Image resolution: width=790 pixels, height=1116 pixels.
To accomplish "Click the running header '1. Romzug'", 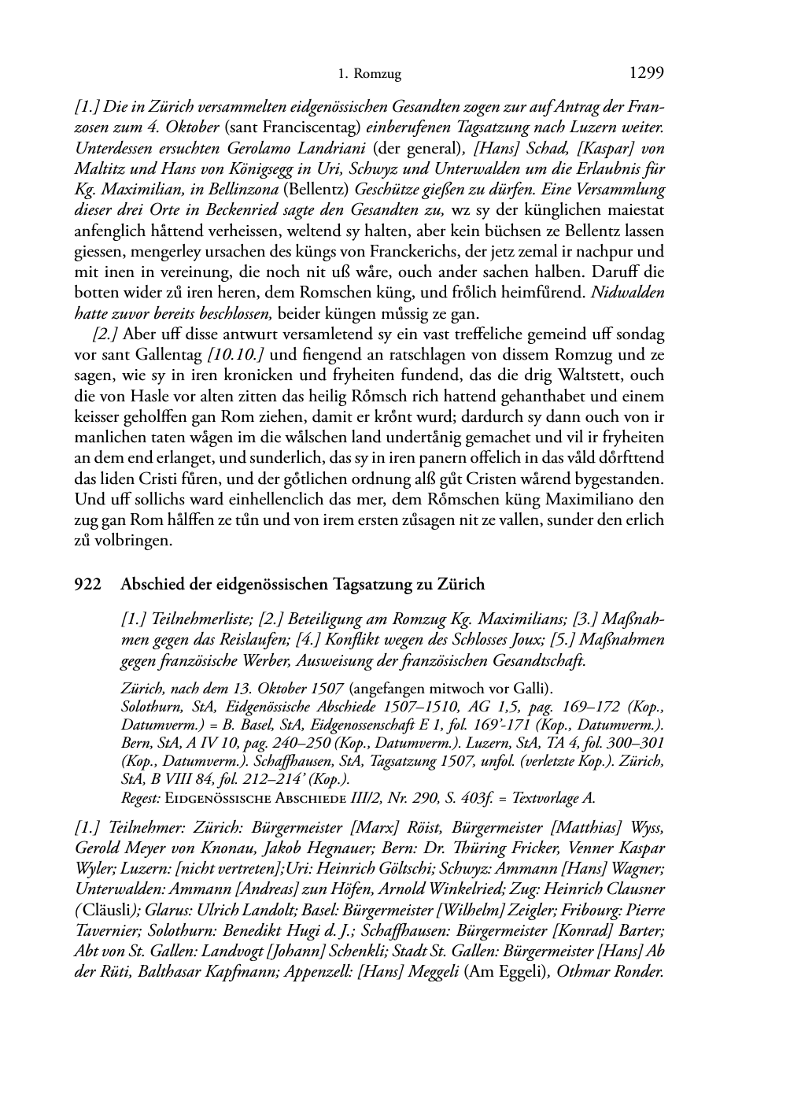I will point(369,75).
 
